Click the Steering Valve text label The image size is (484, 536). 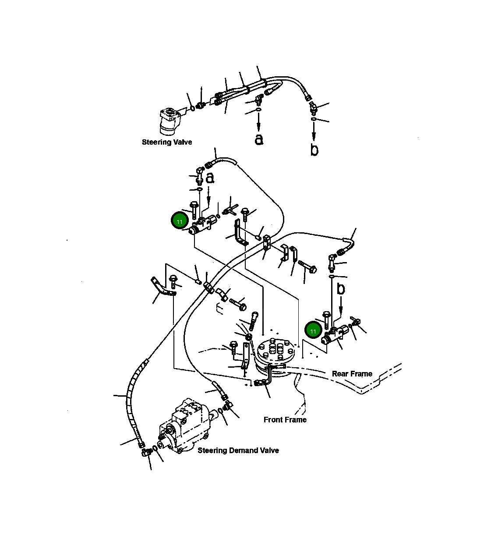tap(167, 142)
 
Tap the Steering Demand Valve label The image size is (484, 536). tap(238, 451)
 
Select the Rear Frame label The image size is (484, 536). tap(352, 373)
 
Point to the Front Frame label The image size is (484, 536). tap(285, 420)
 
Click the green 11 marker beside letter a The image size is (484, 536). tap(180, 221)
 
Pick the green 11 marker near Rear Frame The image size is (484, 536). tap(313, 330)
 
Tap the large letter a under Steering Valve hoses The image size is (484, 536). tap(259, 139)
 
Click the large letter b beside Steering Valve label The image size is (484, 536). tap(314, 149)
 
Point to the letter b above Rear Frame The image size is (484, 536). tap(341, 289)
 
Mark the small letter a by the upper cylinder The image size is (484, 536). tap(210, 178)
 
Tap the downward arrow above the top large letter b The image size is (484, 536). tap(314, 131)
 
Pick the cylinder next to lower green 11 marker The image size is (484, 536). tap(335, 334)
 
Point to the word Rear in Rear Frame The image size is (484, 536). tap(340, 373)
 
